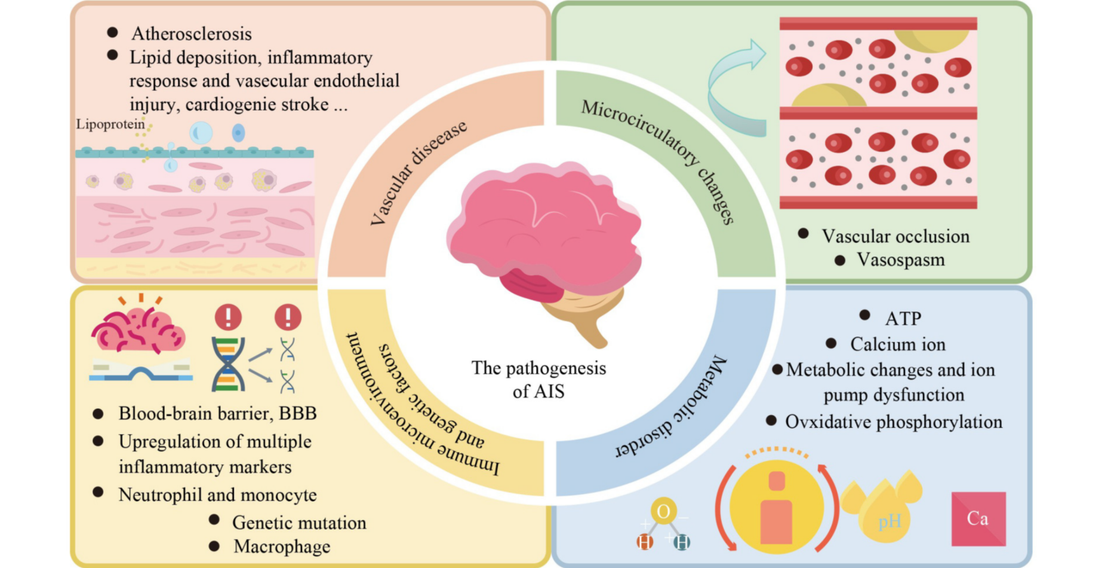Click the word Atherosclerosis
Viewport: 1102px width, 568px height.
[192, 34]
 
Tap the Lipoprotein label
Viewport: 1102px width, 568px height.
[110, 124]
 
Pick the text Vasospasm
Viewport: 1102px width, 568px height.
[901, 260]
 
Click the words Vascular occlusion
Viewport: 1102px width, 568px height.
[895, 237]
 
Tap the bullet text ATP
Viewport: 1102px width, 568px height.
[903, 319]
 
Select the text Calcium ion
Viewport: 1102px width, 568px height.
[898, 345]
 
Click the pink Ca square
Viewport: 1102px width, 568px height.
[978, 518]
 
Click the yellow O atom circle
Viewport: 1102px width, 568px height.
[664, 511]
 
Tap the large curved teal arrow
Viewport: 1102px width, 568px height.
[732, 89]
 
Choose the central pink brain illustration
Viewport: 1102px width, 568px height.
[544, 238]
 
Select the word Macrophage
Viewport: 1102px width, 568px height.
[282, 547]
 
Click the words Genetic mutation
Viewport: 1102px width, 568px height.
[299, 523]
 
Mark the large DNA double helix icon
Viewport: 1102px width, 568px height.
[228, 364]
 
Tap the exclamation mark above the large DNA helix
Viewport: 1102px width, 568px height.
[228, 317]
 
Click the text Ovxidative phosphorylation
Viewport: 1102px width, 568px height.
[894, 422]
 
